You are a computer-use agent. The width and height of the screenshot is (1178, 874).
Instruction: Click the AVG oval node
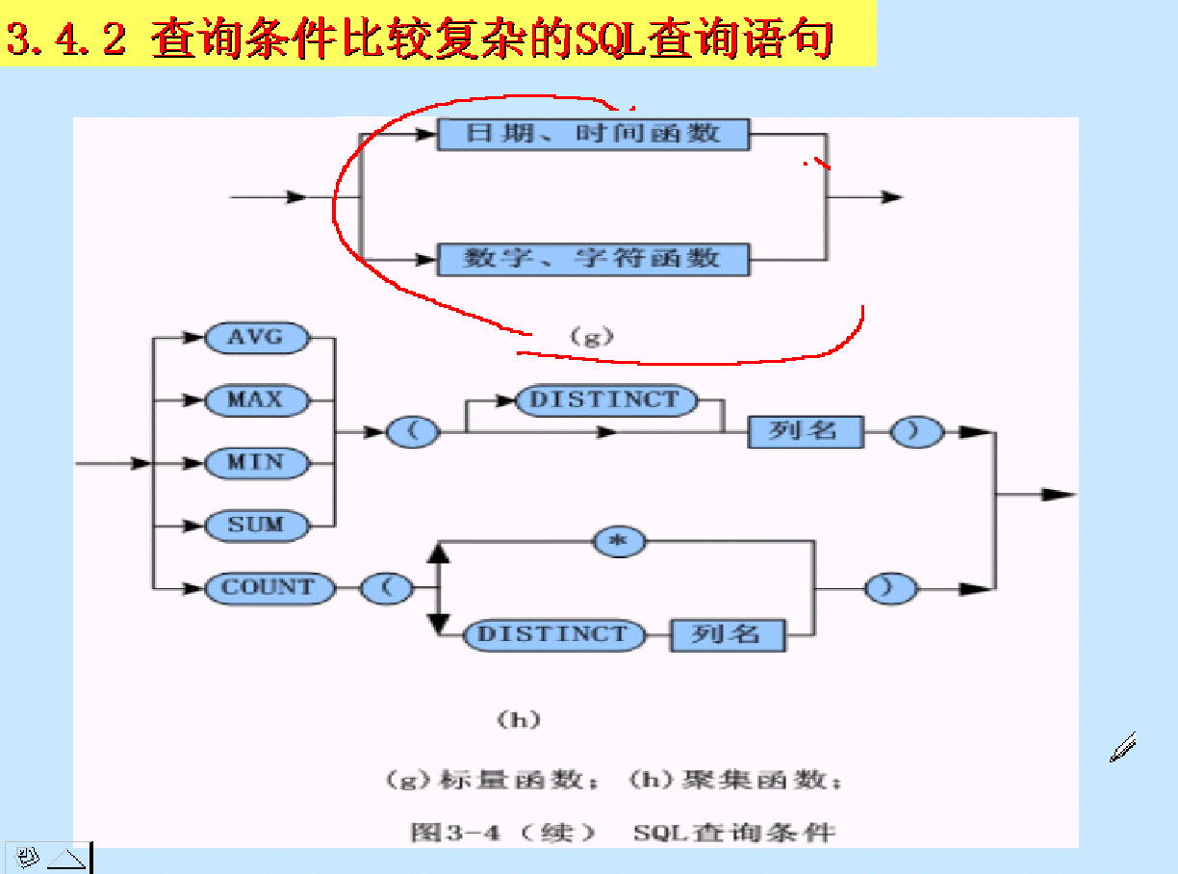pos(256,338)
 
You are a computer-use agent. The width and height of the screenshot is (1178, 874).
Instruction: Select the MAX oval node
pos(256,399)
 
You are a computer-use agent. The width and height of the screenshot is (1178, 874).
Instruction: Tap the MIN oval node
pos(256,463)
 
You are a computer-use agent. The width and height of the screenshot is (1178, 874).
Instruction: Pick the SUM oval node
pos(256,526)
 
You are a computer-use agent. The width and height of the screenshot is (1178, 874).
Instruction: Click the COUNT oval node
pos(269,587)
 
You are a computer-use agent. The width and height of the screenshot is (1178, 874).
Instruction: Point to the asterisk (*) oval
pos(620,542)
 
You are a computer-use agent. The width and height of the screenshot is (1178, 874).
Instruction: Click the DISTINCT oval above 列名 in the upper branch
pos(605,400)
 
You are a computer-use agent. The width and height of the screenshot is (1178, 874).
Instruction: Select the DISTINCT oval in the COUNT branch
pos(552,634)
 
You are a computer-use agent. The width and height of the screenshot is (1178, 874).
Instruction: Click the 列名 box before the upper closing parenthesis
pos(805,432)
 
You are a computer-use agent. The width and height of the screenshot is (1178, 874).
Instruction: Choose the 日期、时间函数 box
pos(593,134)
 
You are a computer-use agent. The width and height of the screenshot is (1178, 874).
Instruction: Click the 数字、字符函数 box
pos(593,259)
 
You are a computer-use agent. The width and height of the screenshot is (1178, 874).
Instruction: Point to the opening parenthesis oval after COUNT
pos(388,587)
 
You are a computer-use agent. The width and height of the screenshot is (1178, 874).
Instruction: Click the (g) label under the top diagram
pos(591,337)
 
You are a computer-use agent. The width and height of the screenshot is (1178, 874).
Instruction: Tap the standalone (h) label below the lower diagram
pos(518,719)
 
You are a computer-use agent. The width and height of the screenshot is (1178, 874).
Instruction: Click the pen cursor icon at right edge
pos(1123,747)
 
